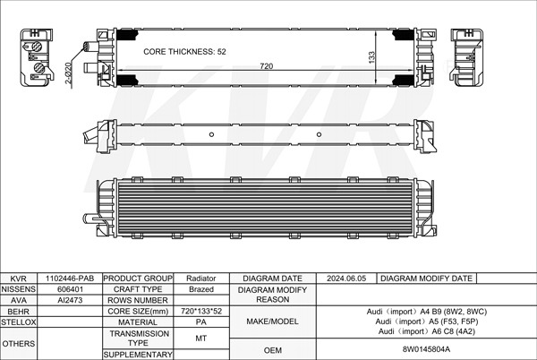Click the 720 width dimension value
pos(267,66)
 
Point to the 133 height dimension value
pos(372,57)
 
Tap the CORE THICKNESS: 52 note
pos(184,52)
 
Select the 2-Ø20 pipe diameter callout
pos(69,73)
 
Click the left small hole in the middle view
pos(211,134)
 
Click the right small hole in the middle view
pos(319,134)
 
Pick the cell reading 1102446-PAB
pos(70,279)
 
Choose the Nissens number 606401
pos(70,289)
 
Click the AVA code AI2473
pos(70,300)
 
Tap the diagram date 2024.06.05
pos(346,279)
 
